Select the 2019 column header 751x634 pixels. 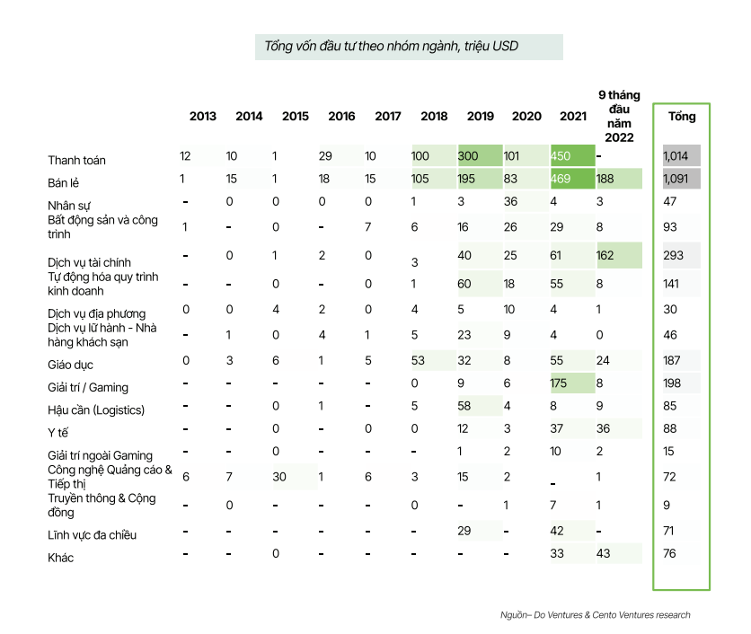coord(480,116)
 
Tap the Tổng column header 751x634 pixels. coord(681,116)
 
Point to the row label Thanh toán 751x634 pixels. coord(76,161)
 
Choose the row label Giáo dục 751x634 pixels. coord(70,365)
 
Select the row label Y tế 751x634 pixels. coord(58,433)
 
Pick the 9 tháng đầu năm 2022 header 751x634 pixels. coord(619,116)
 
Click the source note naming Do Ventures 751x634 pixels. coord(595,614)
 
